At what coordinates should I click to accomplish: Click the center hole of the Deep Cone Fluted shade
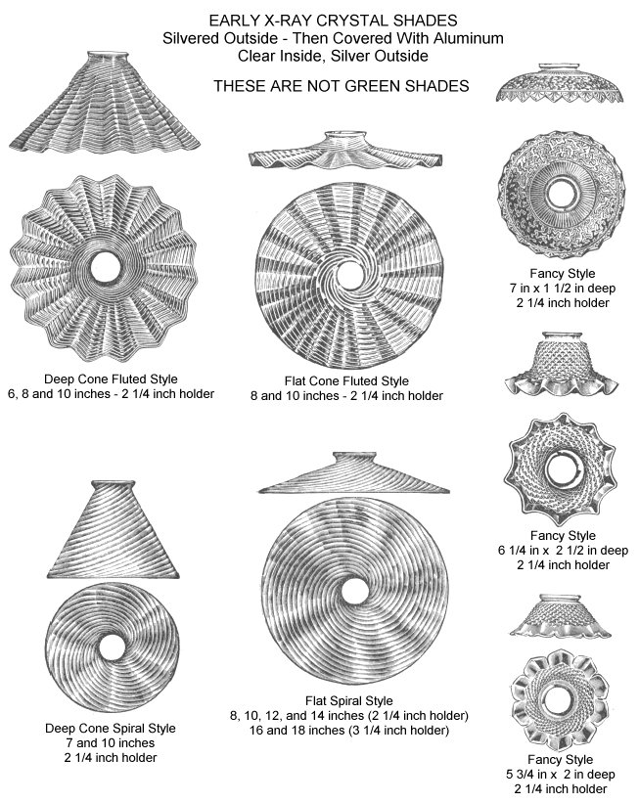click(x=105, y=266)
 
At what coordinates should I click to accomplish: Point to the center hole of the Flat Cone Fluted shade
click(x=351, y=275)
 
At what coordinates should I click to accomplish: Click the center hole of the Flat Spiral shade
click(x=354, y=592)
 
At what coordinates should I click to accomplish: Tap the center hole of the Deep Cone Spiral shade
click(x=113, y=647)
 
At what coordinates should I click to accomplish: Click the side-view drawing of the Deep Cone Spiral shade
click(x=113, y=529)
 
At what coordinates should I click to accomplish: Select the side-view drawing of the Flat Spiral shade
click(x=354, y=472)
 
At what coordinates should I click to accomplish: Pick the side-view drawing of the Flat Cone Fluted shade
click(x=345, y=150)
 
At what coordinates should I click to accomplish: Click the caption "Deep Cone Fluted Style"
click(x=111, y=379)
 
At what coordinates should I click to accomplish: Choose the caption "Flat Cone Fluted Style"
click(x=346, y=381)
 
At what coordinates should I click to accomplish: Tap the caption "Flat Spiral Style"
click(x=349, y=701)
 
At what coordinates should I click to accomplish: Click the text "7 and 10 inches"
click(x=111, y=743)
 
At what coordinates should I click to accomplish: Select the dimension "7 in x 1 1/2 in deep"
click(x=562, y=289)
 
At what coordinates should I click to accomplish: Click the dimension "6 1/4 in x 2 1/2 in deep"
click(x=563, y=551)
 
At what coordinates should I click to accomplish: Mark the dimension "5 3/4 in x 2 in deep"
click(x=560, y=775)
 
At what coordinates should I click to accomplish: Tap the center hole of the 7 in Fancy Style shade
click(x=562, y=193)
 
